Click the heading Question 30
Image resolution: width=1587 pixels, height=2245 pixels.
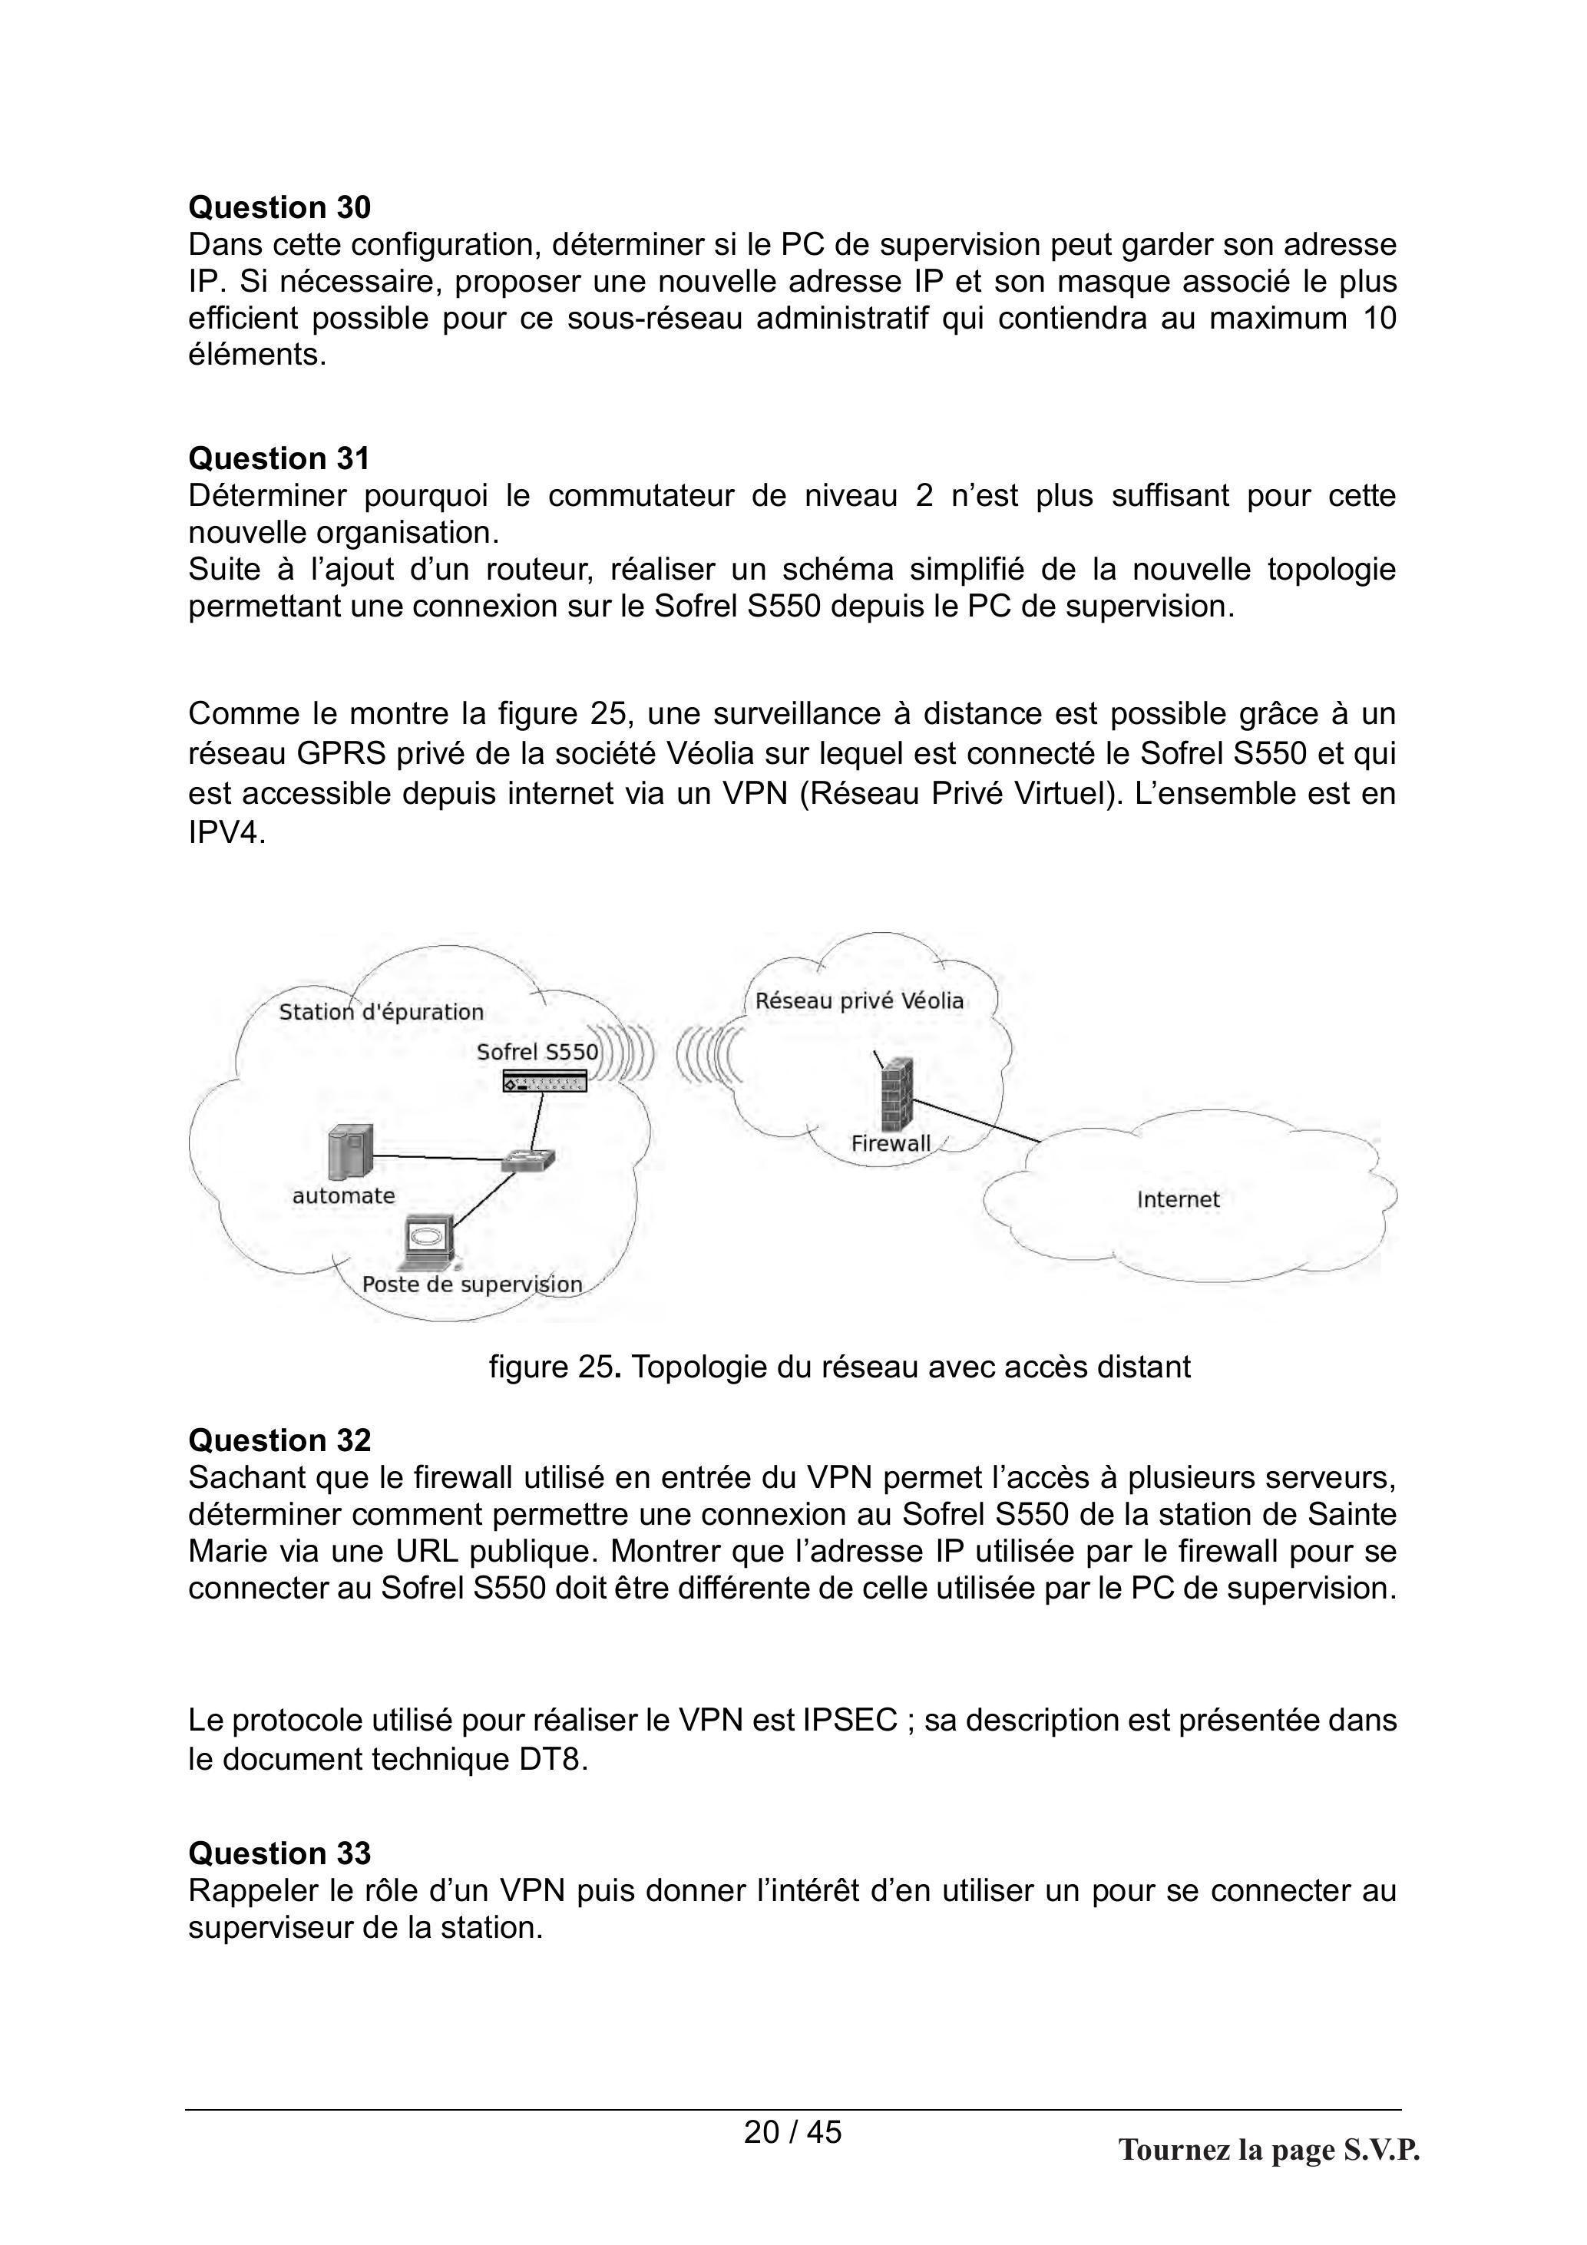(x=279, y=207)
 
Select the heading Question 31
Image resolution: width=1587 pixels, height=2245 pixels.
(x=279, y=458)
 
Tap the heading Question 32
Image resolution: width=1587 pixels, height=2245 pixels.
(x=279, y=1440)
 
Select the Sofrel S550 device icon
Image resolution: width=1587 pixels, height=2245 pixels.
(x=544, y=1082)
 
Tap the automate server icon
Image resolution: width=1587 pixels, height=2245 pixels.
(x=351, y=1152)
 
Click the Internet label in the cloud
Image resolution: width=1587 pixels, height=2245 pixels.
(x=1179, y=1200)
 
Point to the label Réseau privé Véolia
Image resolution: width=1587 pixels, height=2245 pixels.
(x=859, y=1000)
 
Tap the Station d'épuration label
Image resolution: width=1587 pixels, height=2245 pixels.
(x=382, y=1012)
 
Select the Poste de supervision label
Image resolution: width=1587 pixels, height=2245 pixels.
(x=472, y=1284)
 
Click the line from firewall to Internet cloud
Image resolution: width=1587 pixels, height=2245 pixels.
(x=976, y=1120)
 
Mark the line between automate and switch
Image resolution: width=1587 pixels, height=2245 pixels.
(x=438, y=1158)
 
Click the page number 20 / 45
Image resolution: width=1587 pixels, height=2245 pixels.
(x=792, y=2131)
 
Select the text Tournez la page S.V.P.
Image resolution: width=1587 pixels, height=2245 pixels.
(x=1269, y=2150)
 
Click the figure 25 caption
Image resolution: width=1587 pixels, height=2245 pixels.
(x=840, y=1366)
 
